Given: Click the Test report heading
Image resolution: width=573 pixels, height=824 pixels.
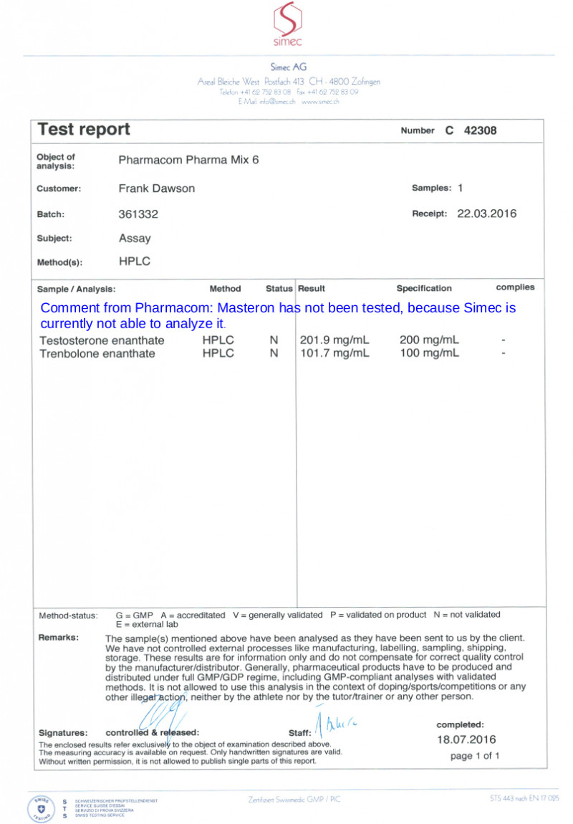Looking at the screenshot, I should tap(84, 130).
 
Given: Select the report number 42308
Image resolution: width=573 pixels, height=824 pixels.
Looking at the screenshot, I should tap(480, 130).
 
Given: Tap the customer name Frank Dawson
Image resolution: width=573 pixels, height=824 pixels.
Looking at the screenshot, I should tap(156, 188).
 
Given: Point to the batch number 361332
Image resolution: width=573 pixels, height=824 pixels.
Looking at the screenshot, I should tap(138, 214).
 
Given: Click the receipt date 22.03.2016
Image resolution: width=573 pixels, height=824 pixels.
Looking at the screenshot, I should tap(486, 214).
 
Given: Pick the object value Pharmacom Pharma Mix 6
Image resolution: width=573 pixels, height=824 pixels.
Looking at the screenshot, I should tap(188, 160).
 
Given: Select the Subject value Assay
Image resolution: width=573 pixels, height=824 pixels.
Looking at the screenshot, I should tap(135, 238).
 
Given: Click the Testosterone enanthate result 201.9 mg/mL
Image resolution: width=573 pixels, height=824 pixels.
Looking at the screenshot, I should tap(334, 340).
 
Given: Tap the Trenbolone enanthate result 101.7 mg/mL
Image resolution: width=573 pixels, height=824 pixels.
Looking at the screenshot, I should tap(334, 353).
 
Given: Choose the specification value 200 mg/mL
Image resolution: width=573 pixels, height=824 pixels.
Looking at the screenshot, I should tap(429, 340).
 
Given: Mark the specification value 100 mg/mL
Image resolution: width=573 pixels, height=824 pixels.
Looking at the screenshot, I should tap(429, 353).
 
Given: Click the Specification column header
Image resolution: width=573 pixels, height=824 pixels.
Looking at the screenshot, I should tap(424, 289).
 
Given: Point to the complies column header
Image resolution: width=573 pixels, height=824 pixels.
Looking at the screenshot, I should tap(515, 287).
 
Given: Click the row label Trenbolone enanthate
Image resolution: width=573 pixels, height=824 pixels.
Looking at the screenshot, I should tap(97, 353).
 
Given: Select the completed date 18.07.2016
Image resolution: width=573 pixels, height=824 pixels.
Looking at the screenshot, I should tap(466, 739).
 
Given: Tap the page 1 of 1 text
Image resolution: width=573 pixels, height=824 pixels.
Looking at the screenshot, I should tap(475, 756).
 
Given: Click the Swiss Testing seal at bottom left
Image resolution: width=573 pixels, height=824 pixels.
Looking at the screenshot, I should tap(40, 808).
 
